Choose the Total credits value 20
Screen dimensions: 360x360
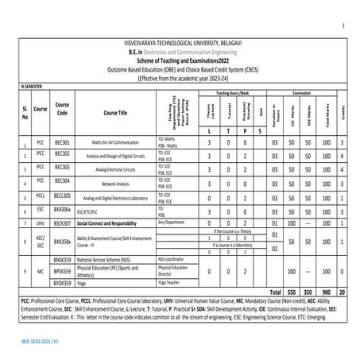point(341,292)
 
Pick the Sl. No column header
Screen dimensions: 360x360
point(25,112)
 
